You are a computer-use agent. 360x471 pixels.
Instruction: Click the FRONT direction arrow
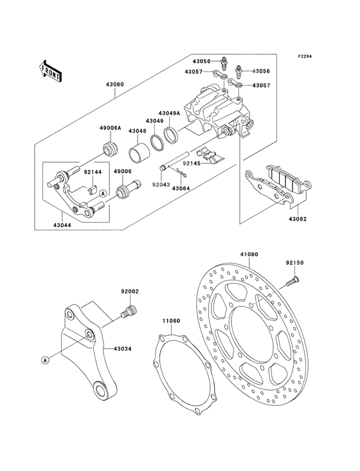coord(51,70)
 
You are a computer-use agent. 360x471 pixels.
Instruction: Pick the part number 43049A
coord(171,110)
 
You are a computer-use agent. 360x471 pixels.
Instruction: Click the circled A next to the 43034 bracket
coord(45,359)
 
